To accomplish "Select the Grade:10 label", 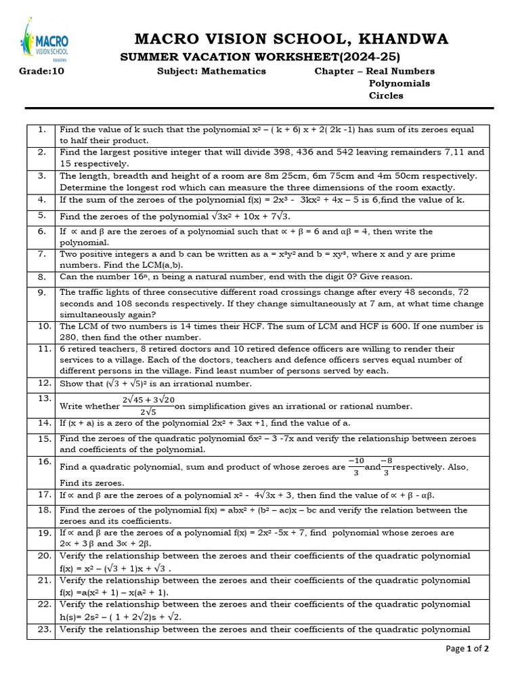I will tap(41, 71).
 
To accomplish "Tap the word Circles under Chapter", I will tap(386, 96).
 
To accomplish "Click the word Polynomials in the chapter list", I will tap(399, 83).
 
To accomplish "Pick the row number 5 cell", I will tap(41, 216).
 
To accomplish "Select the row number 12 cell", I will tap(41, 384).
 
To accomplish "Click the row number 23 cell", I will tap(41, 630).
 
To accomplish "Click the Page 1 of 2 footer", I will tap(467, 649).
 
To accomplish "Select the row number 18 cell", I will tap(41, 510).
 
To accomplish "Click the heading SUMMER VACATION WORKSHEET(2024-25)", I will tap(260, 56).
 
